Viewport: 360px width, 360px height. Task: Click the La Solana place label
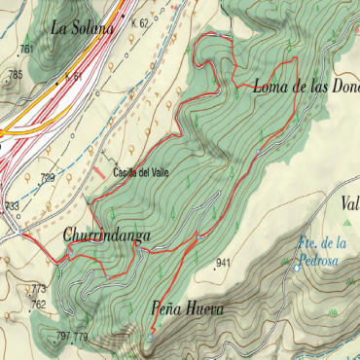click(83, 28)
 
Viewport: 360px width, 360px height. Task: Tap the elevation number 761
click(26, 49)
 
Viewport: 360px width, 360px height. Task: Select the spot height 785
click(15, 74)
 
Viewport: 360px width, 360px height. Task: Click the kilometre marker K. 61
click(73, 76)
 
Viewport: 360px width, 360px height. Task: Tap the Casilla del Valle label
click(139, 173)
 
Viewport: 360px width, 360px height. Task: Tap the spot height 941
click(224, 264)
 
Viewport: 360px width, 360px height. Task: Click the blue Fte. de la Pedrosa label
click(322, 249)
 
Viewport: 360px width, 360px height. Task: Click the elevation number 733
click(12, 205)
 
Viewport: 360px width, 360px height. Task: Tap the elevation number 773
click(38, 289)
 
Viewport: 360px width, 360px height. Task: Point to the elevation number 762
click(38, 304)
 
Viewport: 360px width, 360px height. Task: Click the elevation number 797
click(63, 337)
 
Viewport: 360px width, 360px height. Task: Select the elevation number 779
click(81, 337)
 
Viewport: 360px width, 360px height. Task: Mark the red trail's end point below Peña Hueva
click(150, 334)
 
